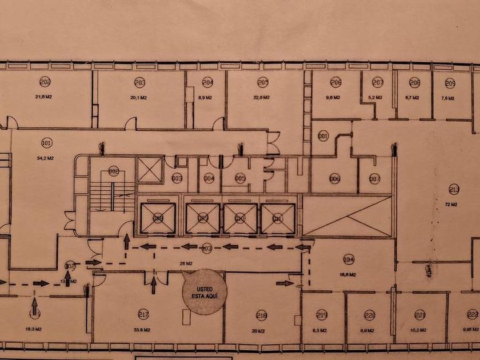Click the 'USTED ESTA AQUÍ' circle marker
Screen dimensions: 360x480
[x=205, y=292]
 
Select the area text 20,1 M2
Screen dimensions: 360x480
[x=139, y=98]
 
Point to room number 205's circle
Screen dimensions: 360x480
[x=263, y=82]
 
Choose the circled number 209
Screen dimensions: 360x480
[x=450, y=83]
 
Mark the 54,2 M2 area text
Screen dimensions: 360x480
[x=47, y=158]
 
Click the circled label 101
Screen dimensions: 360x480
[x=47, y=142]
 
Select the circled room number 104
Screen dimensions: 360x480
[x=349, y=259]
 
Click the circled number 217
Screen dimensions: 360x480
[x=143, y=314]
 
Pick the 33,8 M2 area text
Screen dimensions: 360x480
[x=143, y=330]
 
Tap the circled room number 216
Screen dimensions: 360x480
[x=262, y=315]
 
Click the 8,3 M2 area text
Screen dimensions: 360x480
[x=322, y=330]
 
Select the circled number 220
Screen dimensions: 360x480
[x=369, y=315]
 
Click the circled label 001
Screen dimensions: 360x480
[x=323, y=136]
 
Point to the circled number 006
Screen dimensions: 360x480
[x=335, y=178]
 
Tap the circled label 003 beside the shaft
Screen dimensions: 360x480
[x=177, y=179]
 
